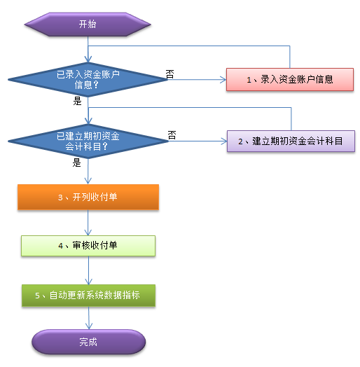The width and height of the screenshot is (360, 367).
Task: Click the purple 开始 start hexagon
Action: (x=88, y=25)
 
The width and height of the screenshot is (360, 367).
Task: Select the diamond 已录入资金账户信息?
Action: (x=88, y=80)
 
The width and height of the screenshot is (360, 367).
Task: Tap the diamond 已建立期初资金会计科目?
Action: (x=88, y=141)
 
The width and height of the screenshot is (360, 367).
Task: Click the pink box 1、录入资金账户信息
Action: (x=290, y=80)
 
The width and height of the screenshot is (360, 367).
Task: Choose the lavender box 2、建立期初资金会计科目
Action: (x=291, y=141)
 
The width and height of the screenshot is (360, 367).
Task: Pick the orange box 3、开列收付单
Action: (x=88, y=197)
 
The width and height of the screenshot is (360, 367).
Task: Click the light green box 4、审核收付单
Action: (x=88, y=246)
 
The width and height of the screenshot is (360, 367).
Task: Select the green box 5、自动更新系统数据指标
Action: (x=89, y=296)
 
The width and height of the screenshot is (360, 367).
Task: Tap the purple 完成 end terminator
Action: (x=89, y=342)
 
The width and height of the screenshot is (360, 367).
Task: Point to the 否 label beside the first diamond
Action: (x=170, y=74)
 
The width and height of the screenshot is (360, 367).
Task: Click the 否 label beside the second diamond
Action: (x=172, y=135)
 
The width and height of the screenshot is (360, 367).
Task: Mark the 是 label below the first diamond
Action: (x=77, y=101)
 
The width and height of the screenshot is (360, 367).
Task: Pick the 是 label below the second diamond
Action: (x=76, y=162)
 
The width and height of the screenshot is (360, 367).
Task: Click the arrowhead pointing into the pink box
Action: (x=223, y=80)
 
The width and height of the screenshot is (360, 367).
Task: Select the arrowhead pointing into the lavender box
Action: (x=224, y=141)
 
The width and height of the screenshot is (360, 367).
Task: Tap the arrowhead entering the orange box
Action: (x=88, y=181)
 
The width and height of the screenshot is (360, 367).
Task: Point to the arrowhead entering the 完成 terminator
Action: (x=89, y=326)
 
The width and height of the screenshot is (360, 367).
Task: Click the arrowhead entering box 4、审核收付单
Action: (x=88, y=233)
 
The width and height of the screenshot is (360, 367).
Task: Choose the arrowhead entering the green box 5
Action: (x=89, y=282)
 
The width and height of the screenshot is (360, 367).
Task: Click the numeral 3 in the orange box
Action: (x=60, y=198)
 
